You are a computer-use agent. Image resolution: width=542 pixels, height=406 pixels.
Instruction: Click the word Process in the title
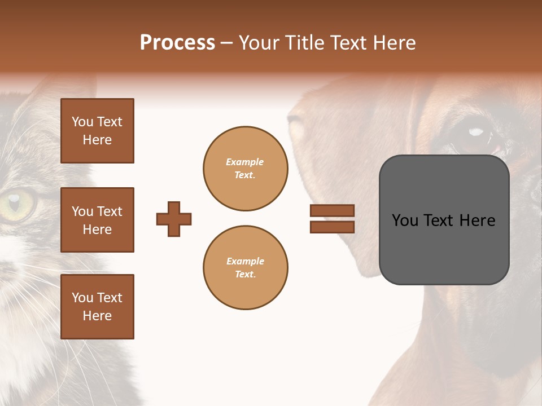click(177, 43)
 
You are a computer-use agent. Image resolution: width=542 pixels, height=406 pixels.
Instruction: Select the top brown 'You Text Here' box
click(97, 131)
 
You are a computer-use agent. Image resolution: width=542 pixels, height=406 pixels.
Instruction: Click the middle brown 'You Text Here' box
click(97, 220)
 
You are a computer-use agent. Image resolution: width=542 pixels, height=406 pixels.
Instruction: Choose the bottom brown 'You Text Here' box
click(97, 306)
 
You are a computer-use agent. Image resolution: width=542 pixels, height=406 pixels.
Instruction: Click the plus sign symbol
click(174, 219)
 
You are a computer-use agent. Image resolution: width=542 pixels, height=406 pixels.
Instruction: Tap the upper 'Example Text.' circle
click(246, 168)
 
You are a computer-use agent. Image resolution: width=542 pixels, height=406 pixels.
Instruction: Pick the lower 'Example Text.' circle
click(246, 267)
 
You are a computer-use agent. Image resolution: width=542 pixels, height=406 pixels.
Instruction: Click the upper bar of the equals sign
click(332, 210)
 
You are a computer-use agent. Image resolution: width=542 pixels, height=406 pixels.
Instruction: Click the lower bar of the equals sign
click(332, 227)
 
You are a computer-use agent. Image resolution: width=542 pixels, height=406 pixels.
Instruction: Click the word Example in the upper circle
click(244, 162)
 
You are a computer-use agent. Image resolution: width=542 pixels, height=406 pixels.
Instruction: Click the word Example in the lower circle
click(245, 261)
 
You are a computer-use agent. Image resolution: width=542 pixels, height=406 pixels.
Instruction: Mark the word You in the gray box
click(405, 220)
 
